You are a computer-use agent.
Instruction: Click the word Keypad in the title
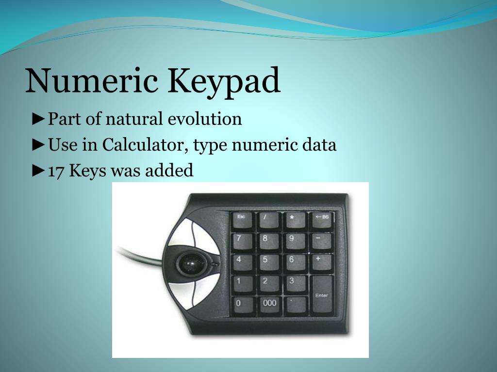click(x=225, y=81)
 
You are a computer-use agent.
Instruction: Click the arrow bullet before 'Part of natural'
click(x=39, y=119)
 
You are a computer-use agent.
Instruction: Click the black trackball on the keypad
click(x=189, y=263)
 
